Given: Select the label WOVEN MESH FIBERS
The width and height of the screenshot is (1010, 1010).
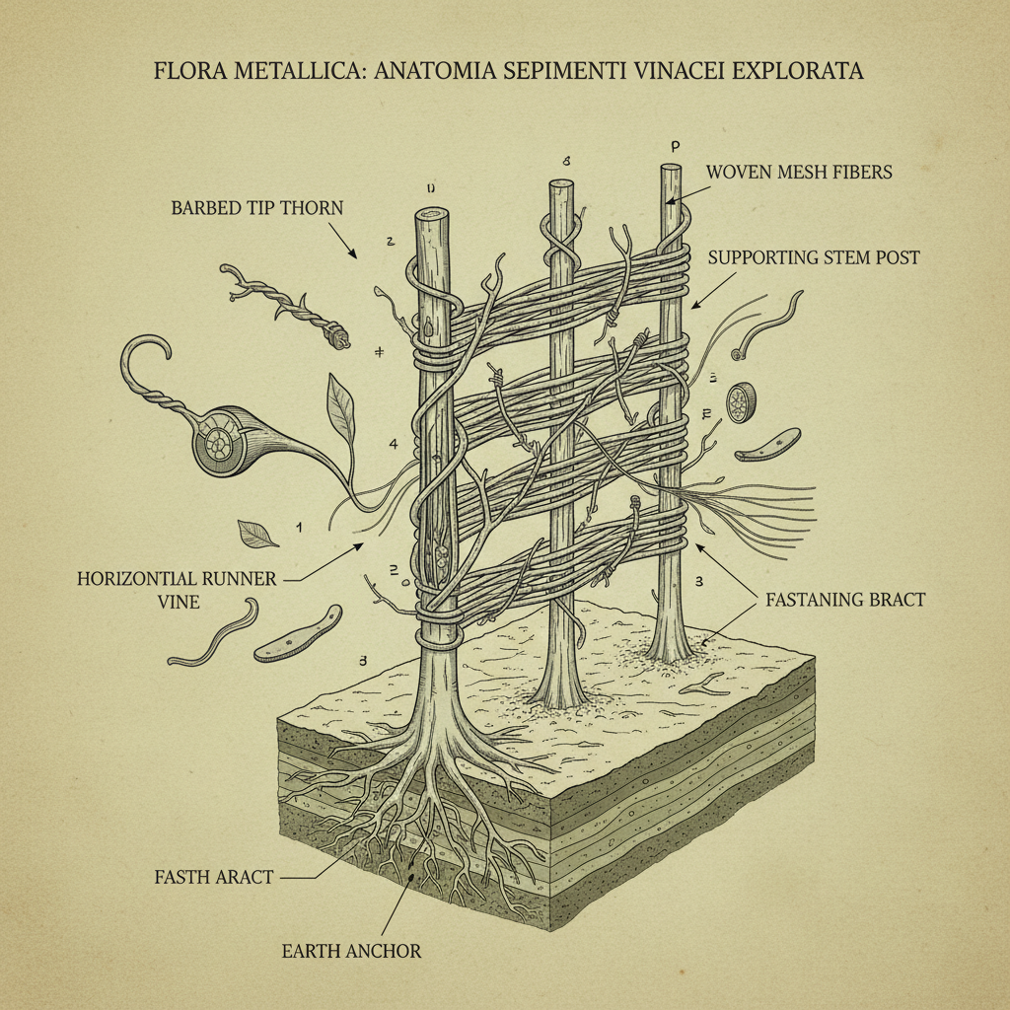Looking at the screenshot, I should click(x=799, y=172).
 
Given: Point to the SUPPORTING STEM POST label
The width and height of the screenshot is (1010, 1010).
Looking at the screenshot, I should click(x=814, y=257).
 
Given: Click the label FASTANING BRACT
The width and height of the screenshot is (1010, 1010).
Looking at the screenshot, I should click(x=844, y=599).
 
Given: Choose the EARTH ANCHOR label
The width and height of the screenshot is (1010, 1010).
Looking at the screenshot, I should click(x=352, y=951).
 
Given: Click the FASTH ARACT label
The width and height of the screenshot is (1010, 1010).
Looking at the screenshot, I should click(x=213, y=876).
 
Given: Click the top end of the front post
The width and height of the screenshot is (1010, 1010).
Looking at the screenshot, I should click(x=432, y=215).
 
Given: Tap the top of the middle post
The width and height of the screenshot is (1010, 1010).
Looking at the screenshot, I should click(x=561, y=185).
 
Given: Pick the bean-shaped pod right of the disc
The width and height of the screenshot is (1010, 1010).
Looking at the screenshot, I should click(x=767, y=445).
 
